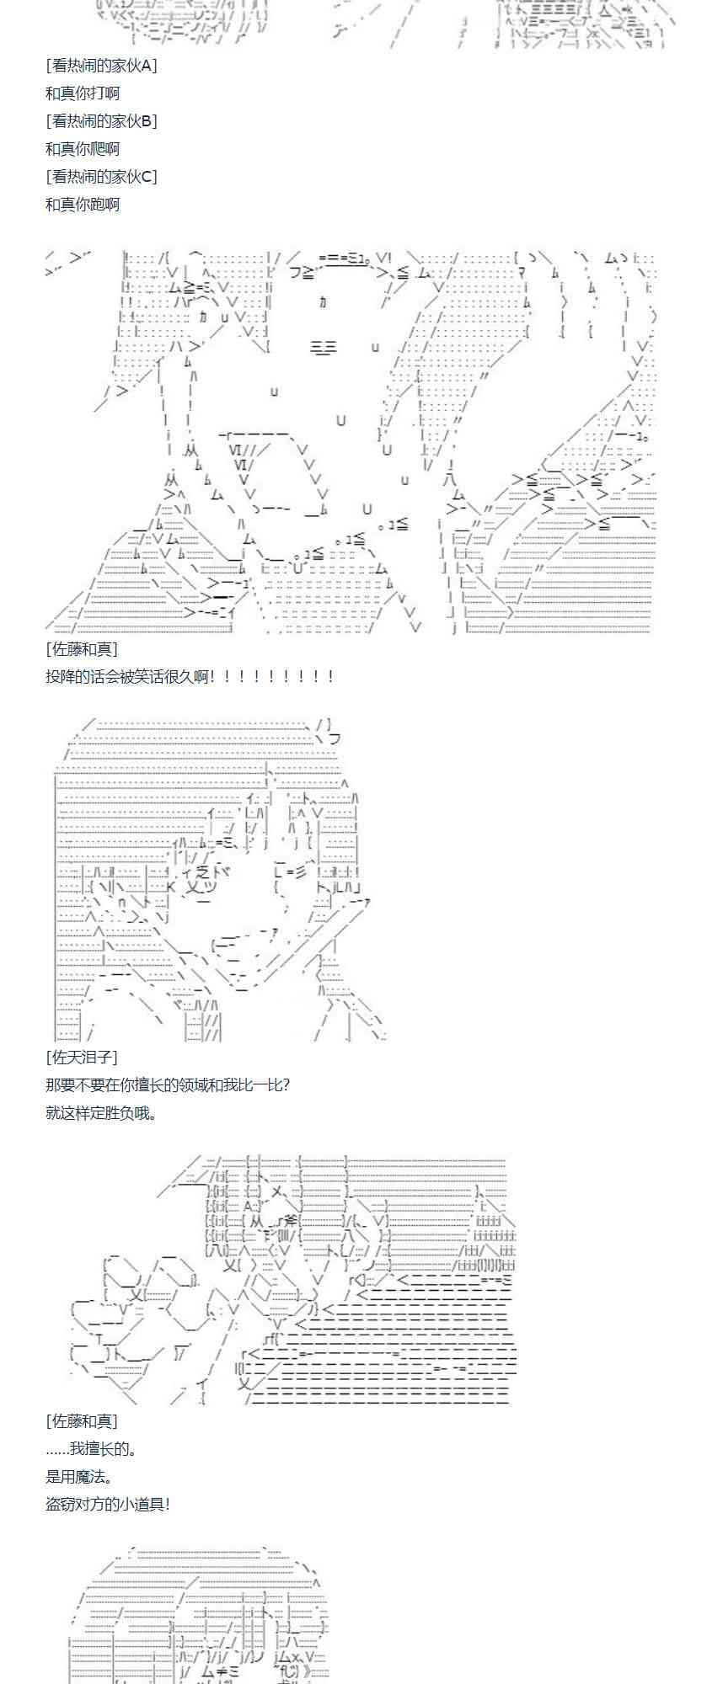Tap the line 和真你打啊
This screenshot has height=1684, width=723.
83,93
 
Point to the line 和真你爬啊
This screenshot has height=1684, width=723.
83,149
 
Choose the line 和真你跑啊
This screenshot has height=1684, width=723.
83,205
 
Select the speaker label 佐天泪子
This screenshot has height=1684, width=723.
82,1057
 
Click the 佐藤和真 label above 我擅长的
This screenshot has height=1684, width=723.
82,1421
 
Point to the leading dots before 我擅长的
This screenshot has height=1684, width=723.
57,1449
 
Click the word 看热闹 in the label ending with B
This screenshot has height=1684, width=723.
80,121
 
